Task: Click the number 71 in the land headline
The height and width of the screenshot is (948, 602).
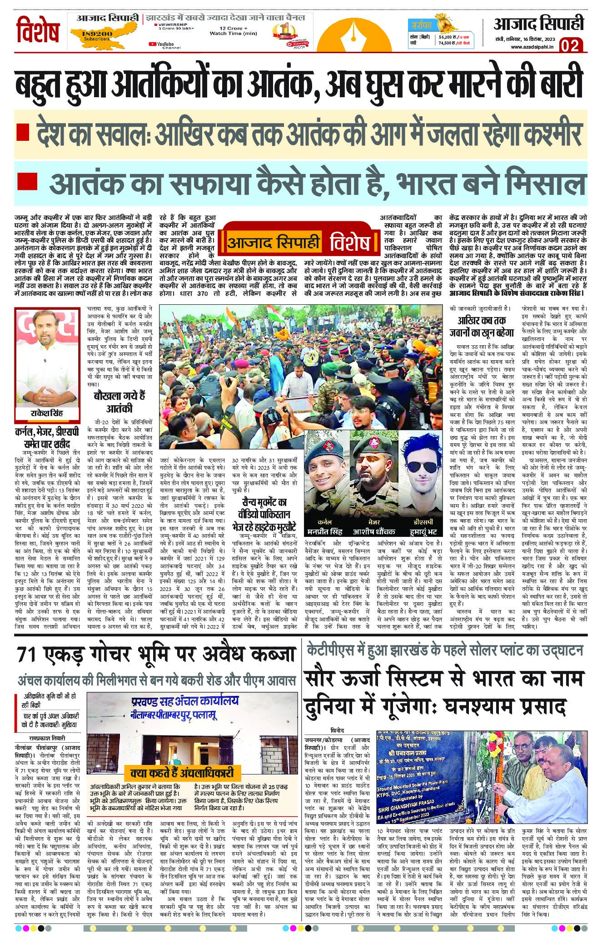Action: click(29, 655)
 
